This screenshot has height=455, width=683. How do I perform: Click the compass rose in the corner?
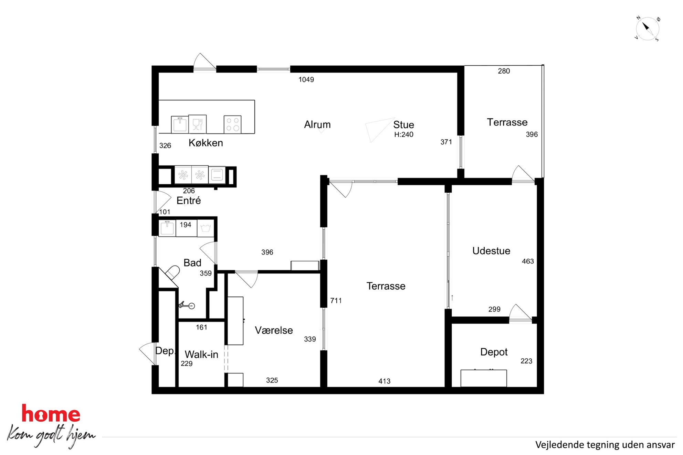647,29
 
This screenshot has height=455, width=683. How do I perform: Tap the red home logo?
51,413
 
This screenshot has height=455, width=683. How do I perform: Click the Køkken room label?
206,143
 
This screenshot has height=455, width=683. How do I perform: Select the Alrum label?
317,124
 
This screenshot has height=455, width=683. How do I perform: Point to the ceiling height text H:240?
403,134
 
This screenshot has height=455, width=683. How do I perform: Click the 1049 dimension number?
306,79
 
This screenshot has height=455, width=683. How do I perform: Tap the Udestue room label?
491,251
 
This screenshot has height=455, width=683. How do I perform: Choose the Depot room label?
494,352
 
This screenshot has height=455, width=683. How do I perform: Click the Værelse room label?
274,331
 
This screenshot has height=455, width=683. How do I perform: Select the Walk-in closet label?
201,355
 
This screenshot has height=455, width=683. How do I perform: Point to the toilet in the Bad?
172,272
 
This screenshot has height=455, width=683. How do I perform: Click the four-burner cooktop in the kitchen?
232,124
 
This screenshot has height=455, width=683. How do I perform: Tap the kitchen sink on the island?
180,124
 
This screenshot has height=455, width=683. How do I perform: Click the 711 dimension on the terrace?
336,301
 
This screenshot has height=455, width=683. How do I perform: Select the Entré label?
188,201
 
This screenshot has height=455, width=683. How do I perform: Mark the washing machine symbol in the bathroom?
206,228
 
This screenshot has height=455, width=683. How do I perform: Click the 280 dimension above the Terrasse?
504,71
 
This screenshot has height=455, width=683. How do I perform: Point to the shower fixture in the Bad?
187,305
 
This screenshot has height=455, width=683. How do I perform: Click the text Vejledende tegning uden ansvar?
605,445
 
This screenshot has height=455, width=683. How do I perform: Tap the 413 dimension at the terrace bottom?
384,381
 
